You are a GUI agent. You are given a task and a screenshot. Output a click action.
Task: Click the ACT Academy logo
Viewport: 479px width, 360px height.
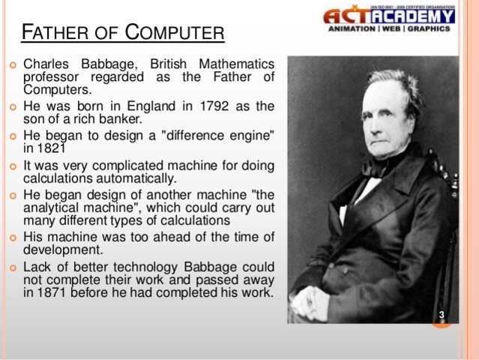coord(389,16)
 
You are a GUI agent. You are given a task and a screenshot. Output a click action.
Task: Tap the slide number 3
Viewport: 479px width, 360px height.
coord(442,313)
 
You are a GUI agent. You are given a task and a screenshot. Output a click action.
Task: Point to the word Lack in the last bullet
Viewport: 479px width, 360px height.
coord(37,266)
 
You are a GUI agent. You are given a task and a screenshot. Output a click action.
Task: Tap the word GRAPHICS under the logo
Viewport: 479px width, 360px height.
coord(428,29)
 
